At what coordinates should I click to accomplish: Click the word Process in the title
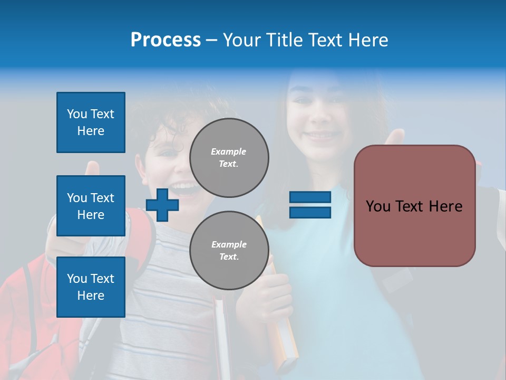pos(166,40)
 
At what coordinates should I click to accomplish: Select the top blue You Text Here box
pos(91,122)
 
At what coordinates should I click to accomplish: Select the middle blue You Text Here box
pos(91,206)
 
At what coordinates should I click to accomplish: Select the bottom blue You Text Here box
pos(91,287)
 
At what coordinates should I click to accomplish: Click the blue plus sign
pos(162,205)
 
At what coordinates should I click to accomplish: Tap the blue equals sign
pos(310,205)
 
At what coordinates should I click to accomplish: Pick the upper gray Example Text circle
pos(229,158)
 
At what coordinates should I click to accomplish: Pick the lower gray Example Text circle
pos(229,251)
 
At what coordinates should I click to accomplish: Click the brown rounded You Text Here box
pos(414,206)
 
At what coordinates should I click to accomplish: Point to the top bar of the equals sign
pos(310,197)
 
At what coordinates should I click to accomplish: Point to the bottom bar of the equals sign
pos(310,213)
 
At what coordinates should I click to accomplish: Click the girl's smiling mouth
pos(320,136)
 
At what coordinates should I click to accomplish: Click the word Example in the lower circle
pos(229,244)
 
